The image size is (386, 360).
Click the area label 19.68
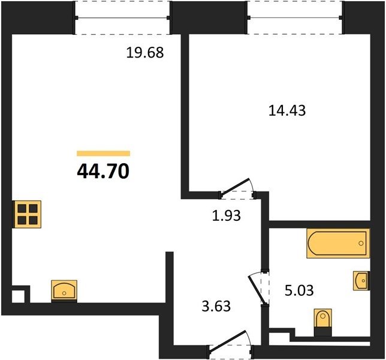point(145,52)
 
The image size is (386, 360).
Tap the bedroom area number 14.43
point(287,110)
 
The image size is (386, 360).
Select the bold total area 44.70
point(103,172)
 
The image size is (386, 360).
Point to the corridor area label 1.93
point(227,215)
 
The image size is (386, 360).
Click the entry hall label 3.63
point(216,306)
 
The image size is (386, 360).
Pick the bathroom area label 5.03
point(299,290)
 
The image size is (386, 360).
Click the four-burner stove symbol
point(27,214)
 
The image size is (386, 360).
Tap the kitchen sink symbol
point(64,290)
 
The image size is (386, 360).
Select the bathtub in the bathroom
point(338,244)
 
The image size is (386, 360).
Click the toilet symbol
point(323,322)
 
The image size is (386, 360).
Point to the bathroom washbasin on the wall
point(361,280)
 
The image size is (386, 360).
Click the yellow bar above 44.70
point(103,154)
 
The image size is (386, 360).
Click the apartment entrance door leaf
point(228,341)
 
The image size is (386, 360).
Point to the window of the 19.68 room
point(122,18)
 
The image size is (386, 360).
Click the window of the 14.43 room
point(295,18)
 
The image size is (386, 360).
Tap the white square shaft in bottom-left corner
point(18,296)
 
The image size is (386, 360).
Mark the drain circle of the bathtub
point(361,244)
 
